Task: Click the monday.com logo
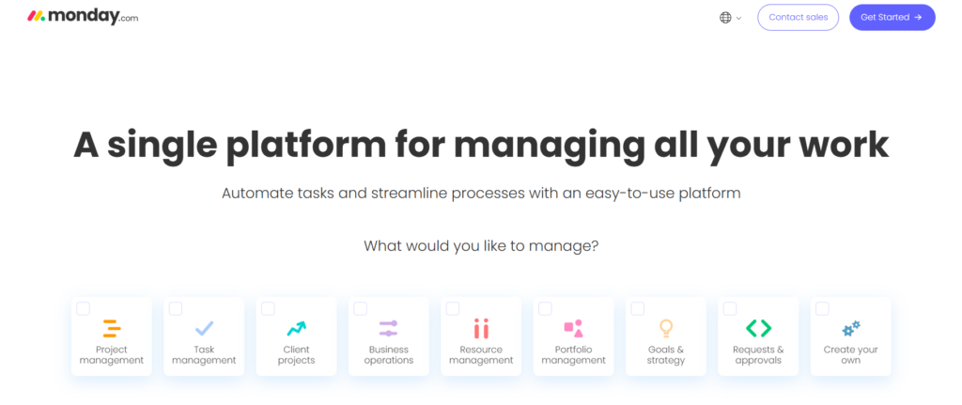[83, 17]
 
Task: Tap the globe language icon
[725, 18]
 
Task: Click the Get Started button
[892, 17]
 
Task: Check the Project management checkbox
[83, 308]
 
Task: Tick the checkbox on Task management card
[176, 308]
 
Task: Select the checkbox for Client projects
[268, 308]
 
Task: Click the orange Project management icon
[112, 328]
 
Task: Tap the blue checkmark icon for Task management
[204, 328]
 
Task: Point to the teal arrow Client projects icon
[296, 328]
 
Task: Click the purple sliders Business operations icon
[388, 328]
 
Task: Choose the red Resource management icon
[481, 328]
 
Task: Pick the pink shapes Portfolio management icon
[573, 328]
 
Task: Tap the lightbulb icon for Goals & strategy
[666, 328]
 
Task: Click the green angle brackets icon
[758, 328]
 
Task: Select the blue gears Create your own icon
[851, 329]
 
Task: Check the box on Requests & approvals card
[729, 308]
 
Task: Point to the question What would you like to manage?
[481, 246]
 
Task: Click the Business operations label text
[388, 354]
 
